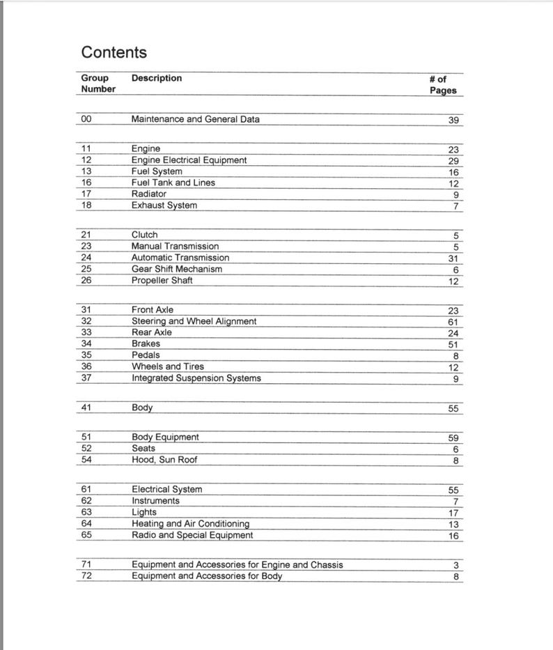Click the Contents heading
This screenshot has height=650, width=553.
point(114,52)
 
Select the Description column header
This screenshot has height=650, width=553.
point(157,79)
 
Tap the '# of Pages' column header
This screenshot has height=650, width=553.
point(443,85)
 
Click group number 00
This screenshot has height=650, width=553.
point(86,119)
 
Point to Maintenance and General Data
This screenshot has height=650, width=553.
point(195,119)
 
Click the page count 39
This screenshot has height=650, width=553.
point(453,121)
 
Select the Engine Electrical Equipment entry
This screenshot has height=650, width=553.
point(189,160)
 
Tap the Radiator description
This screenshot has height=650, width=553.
point(149,194)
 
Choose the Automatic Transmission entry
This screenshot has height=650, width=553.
point(180,258)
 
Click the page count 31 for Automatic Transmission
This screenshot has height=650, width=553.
point(453,258)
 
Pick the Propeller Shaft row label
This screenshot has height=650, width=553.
point(162,280)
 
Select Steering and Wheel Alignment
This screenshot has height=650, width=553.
point(194,321)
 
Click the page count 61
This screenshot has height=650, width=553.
point(453,323)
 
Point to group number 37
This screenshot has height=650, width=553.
point(86,378)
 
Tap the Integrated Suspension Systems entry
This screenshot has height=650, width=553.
point(196,378)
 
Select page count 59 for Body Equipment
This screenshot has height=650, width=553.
point(453,438)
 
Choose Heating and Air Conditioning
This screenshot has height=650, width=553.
point(190,523)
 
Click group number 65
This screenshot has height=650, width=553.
point(86,535)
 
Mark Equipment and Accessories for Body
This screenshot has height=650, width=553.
point(207,576)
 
